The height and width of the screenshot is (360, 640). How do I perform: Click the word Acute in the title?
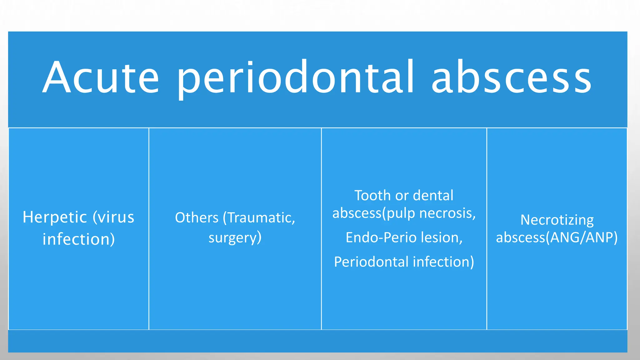[101, 77]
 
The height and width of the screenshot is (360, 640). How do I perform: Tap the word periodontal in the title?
[296, 77]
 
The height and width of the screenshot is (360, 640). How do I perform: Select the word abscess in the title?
[511, 77]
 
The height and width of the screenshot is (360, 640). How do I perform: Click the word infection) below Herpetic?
[78, 239]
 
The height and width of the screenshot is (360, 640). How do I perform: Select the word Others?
[197, 218]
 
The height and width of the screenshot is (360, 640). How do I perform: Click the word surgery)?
[235, 238]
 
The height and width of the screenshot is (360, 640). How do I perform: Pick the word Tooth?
[373, 196]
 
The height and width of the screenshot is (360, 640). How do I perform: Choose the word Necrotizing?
[557, 220]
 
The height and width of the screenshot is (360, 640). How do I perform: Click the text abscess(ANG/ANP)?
[557, 238]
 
